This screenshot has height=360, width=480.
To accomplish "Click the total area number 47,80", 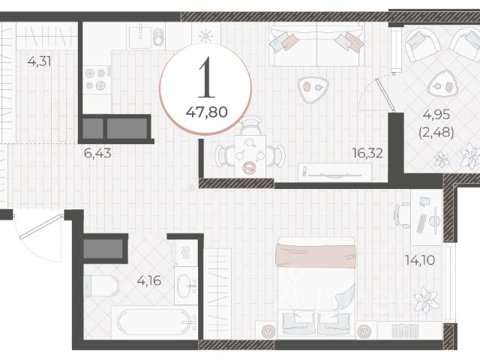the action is click(207, 112).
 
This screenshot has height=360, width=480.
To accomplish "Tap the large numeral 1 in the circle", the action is click(207, 77).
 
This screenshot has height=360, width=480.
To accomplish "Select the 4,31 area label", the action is click(39, 61).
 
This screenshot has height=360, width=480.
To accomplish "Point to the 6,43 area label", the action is click(97, 153).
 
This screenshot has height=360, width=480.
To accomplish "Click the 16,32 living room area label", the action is click(367, 153).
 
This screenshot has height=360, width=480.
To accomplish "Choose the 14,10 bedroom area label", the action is click(420, 260).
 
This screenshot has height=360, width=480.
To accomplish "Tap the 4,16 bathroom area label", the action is click(149, 280).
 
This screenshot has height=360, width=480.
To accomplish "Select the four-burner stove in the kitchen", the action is click(97, 79).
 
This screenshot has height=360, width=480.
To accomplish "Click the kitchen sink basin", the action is click(140, 37).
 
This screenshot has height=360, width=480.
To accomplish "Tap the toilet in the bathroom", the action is click(101, 286).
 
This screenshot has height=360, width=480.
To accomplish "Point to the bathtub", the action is click(154, 322).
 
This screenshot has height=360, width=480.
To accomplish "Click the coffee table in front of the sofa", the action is click(313, 88).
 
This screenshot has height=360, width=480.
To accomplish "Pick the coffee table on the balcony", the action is click(442, 84).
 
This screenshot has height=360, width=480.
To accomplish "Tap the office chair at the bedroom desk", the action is click(403, 215).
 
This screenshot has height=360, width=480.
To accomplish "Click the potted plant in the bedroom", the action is click(426, 300).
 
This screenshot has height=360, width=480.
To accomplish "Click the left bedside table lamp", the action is click(268, 331).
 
